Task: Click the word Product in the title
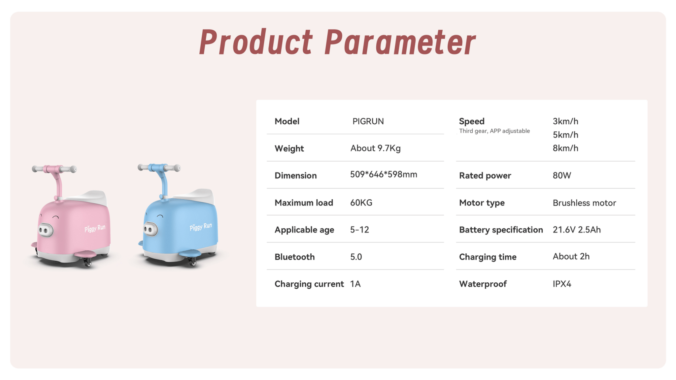pyautogui.click(x=256, y=42)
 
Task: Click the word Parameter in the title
pyautogui.click(x=400, y=42)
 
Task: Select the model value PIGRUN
pyautogui.click(x=368, y=121)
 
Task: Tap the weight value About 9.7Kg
pyautogui.click(x=376, y=148)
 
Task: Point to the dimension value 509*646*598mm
pyautogui.click(x=384, y=174)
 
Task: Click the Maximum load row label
pyautogui.click(x=304, y=203)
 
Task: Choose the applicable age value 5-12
pyautogui.click(x=359, y=230)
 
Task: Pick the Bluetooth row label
pyautogui.click(x=294, y=257)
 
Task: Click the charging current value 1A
pyautogui.click(x=355, y=284)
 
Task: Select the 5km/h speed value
pyautogui.click(x=565, y=135)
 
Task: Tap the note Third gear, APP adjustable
pyautogui.click(x=494, y=131)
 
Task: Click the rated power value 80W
pyautogui.click(x=562, y=175)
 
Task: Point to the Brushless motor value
pyautogui.click(x=584, y=203)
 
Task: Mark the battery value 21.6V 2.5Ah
pyautogui.click(x=577, y=230)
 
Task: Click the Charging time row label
pyautogui.click(x=488, y=257)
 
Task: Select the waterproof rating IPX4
pyautogui.click(x=562, y=284)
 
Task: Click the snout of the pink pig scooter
pyautogui.click(x=46, y=230)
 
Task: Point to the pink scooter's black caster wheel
pyautogui.click(x=87, y=263)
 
